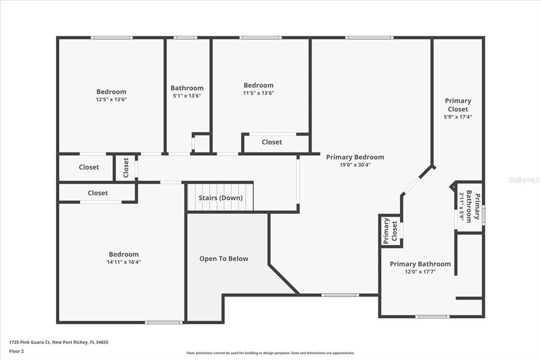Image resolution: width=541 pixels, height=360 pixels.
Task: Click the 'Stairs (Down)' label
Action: (x=220, y=198)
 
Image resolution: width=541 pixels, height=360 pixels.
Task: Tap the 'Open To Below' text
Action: (x=223, y=259)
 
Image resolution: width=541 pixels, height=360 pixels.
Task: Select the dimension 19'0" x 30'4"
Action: (x=355, y=165)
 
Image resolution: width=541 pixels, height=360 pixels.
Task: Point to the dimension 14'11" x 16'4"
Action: (x=124, y=262)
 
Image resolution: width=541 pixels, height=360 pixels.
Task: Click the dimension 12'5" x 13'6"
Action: (x=111, y=99)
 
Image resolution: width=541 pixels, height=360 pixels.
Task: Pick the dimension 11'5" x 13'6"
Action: (x=258, y=93)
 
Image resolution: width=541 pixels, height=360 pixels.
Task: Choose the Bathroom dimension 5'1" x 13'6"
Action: (x=186, y=96)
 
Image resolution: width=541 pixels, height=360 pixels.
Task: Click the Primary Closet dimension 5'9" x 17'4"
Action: (x=458, y=117)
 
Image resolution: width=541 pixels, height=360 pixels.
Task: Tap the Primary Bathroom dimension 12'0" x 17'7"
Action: (x=420, y=272)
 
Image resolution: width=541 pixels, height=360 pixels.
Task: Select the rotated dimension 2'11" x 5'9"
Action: (x=461, y=206)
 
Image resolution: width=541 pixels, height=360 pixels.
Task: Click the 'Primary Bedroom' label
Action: (x=355, y=157)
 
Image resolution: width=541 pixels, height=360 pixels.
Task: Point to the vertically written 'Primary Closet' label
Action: (x=390, y=231)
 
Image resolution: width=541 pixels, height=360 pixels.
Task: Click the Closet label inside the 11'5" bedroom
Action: (x=272, y=142)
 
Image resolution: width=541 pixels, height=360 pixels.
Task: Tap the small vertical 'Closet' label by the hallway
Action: (x=126, y=168)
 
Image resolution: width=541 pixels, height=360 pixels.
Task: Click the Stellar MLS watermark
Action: (x=524, y=180)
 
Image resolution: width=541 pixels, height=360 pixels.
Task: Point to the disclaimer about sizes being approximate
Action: (x=270, y=353)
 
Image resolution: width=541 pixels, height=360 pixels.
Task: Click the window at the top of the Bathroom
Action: (x=185, y=37)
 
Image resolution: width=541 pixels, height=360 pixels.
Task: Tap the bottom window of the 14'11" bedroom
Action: (x=164, y=322)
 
